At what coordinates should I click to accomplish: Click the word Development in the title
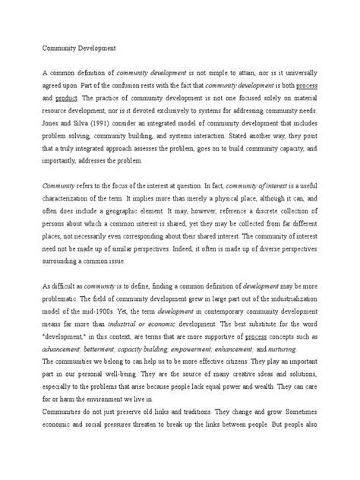[95, 48]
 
